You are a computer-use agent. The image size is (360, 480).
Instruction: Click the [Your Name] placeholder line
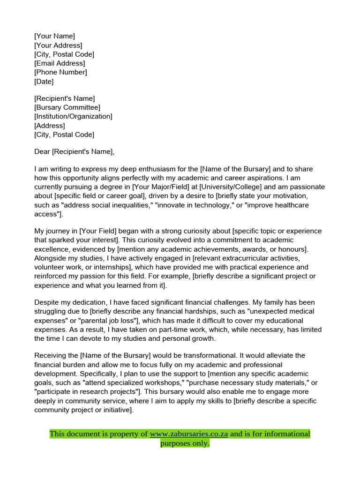point(54,36)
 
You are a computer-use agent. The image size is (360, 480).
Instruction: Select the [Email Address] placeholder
point(60,63)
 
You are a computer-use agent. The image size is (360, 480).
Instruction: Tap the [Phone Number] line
point(60,72)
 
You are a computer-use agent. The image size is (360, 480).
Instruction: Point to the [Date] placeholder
point(44,82)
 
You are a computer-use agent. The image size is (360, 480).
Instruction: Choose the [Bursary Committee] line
point(67,107)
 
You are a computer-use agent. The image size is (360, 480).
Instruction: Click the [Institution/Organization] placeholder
point(73,116)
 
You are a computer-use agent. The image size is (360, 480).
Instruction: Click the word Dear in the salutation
point(42,151)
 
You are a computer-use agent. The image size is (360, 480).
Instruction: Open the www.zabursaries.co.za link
point(189,434)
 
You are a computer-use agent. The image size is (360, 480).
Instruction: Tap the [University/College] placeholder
point(227,187)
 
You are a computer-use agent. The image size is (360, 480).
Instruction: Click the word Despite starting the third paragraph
point(47,302)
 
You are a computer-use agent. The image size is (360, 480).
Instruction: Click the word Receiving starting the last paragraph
point(51,356)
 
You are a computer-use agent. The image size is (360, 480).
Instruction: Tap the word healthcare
point(290,205)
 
